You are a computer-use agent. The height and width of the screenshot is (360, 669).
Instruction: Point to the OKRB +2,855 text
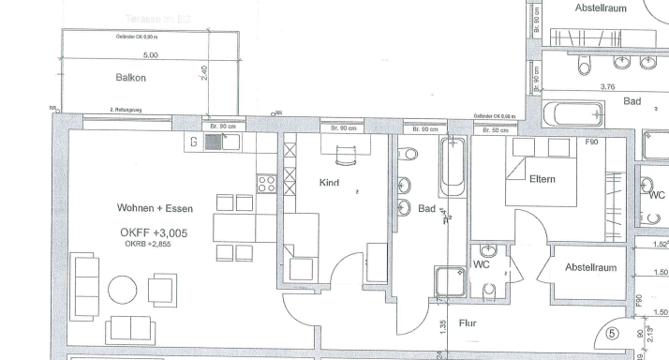[147, 244]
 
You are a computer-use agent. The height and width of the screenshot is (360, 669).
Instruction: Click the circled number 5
[614, 331]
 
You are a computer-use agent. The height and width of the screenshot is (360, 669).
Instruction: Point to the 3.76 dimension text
[606, 86]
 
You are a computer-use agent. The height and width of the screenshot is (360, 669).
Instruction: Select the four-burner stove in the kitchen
[265, 183]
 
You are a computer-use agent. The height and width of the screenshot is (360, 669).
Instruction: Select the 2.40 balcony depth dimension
[205, 72]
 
